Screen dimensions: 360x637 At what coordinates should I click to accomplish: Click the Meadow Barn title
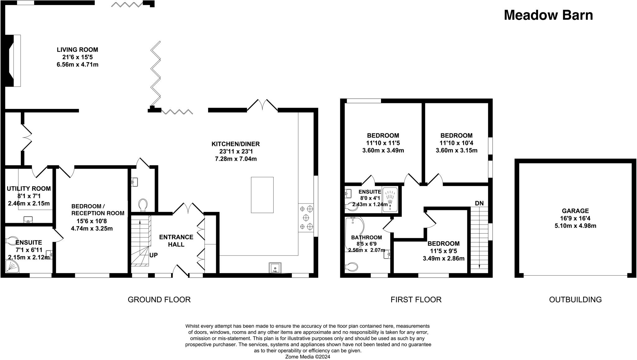click(x=548, y=15)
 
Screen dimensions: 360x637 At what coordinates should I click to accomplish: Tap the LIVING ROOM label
click(x=77, y=50)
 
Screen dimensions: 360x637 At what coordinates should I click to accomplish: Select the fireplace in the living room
click(x=14, y=60)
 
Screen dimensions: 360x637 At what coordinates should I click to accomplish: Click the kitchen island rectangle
click(x=262, y=195)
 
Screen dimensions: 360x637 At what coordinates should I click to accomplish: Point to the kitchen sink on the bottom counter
click(x=275, y=268)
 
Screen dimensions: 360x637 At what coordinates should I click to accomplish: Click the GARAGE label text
click(x=575, y=211)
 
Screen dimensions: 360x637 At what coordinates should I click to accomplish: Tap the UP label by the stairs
click(x=154, y=255)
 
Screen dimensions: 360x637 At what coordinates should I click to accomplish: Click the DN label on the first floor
click(x=479, y=203)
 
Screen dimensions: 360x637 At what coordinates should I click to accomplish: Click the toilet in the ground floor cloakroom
click(x=143, y=205)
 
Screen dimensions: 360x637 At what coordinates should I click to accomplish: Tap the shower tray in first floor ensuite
click(x=390, y=199)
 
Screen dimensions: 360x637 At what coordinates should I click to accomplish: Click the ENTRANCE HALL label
click(x=176, y=241)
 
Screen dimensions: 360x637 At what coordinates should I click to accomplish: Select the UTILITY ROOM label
click(x=29, y=189)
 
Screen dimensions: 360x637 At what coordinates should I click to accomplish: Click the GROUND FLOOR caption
click(x=159, y=300)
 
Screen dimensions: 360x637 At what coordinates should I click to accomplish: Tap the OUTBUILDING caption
click(x=575, y=300)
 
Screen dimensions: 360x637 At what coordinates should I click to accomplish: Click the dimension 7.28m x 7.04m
click(x=235, y=159)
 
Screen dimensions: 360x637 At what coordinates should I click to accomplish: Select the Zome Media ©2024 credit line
click(x=308, y=357)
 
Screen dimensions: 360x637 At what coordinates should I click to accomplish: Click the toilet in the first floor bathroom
click(x=351, y=267)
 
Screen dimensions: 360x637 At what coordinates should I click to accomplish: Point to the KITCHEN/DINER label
click(x=235, y=144)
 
